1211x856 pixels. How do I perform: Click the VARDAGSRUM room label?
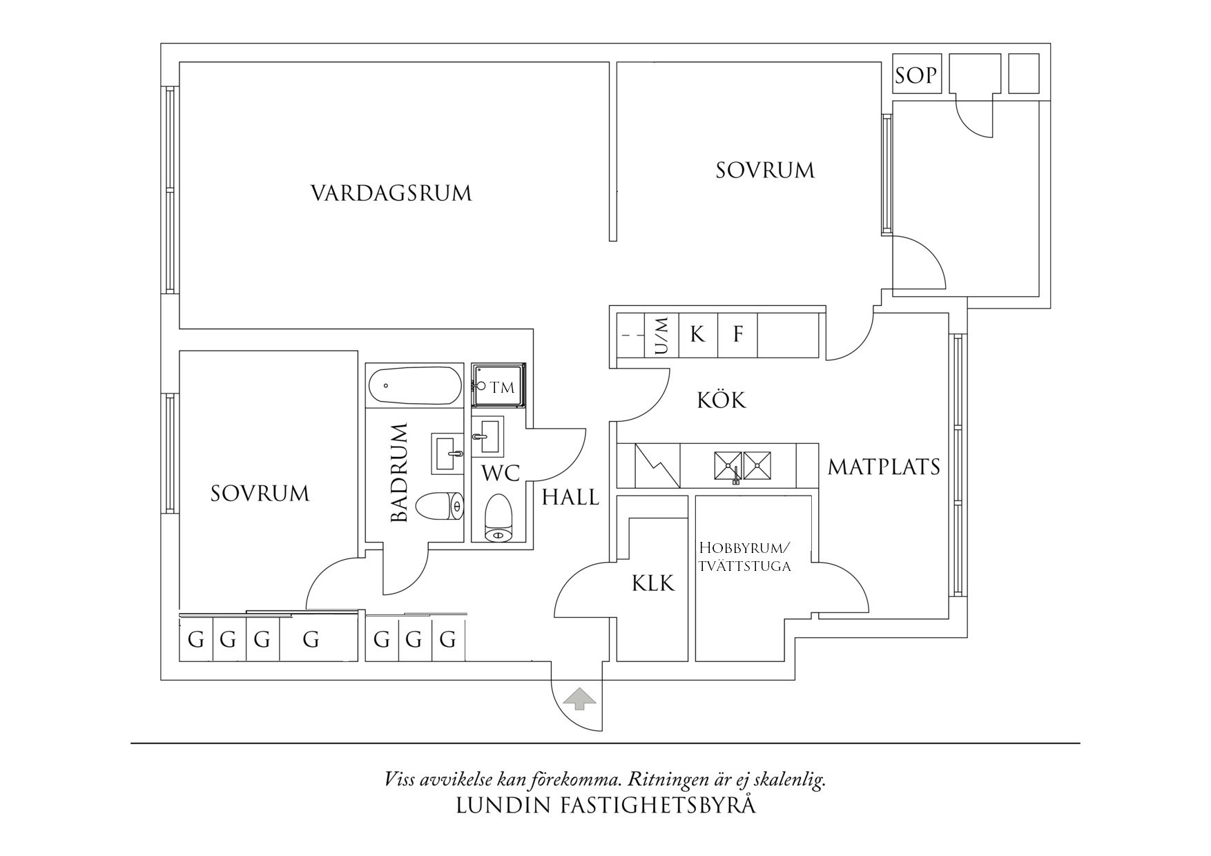pos(391,193)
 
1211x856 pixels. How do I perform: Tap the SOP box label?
pos(915,75)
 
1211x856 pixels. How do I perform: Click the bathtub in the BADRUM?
pos(414,387)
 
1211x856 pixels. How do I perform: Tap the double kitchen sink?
pos(742,465)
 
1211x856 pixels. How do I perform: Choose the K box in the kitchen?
pos(698,335)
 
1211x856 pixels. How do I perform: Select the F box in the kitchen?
pos(737,335)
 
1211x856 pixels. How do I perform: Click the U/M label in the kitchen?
pos(661,335)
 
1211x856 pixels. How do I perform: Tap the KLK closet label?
pos(652,584)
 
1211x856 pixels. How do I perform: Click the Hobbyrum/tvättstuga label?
pos(744,557)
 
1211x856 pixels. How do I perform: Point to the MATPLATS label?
pos(884,467)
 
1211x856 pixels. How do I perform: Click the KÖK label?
pos(721,400)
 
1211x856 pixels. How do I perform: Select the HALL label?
pos(570,497)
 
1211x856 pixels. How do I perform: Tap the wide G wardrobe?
pos(311,641)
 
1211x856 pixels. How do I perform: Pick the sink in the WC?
pos(487,435)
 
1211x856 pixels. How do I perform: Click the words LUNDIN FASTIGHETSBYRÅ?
pos(605,806)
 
